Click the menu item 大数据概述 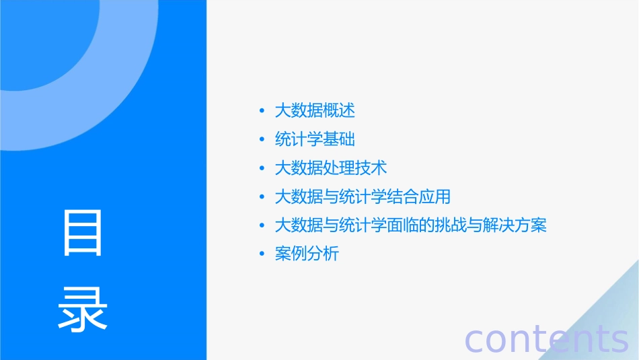pyautogui.click(x=315, y=110)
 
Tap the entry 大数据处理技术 pyautogui.click(x=331, y=168)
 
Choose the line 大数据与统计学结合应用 pyautogui.click(x=363, y=197)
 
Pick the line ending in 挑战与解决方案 pyautogui.click(x=411, y=225)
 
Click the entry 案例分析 pyautogui.click(x=307, y=254)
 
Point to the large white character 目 pyautogui.click(x=83, y=233)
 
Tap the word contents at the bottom pyautogui.click(x=546, y=339)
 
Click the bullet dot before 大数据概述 pyautogui.click(x=262, y=111)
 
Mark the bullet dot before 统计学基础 pyautogui.click(x=262, y=140)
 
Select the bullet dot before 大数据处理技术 pyautogui.click(x=262, y=168)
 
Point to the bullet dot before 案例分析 pyautogui.click(x=262, y=255)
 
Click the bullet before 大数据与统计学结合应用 pyautogui.click(x=262, y=198)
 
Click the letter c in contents pyautogui.click(x=474, y=340)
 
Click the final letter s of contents pyautogui.click(x=619, y=340)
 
